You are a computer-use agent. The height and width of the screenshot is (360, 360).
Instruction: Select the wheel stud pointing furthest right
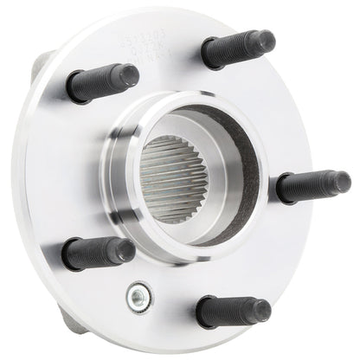click(312, 185)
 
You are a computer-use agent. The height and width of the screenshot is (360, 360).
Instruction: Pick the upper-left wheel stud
click(101, 82)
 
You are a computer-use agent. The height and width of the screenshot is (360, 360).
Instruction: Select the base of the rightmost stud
click(283, 189)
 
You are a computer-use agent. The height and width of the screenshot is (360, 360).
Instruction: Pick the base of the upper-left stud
click(74, 89)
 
